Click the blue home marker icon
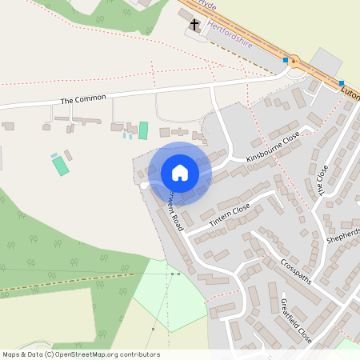(180, 173)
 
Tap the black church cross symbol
(194, 26)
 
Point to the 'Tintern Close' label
(230, 214)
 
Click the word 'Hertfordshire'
(230, 35)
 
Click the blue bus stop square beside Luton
(342, 83)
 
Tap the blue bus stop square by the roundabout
(286, 59)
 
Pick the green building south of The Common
(143, 130)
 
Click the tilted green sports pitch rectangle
(60, 166)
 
